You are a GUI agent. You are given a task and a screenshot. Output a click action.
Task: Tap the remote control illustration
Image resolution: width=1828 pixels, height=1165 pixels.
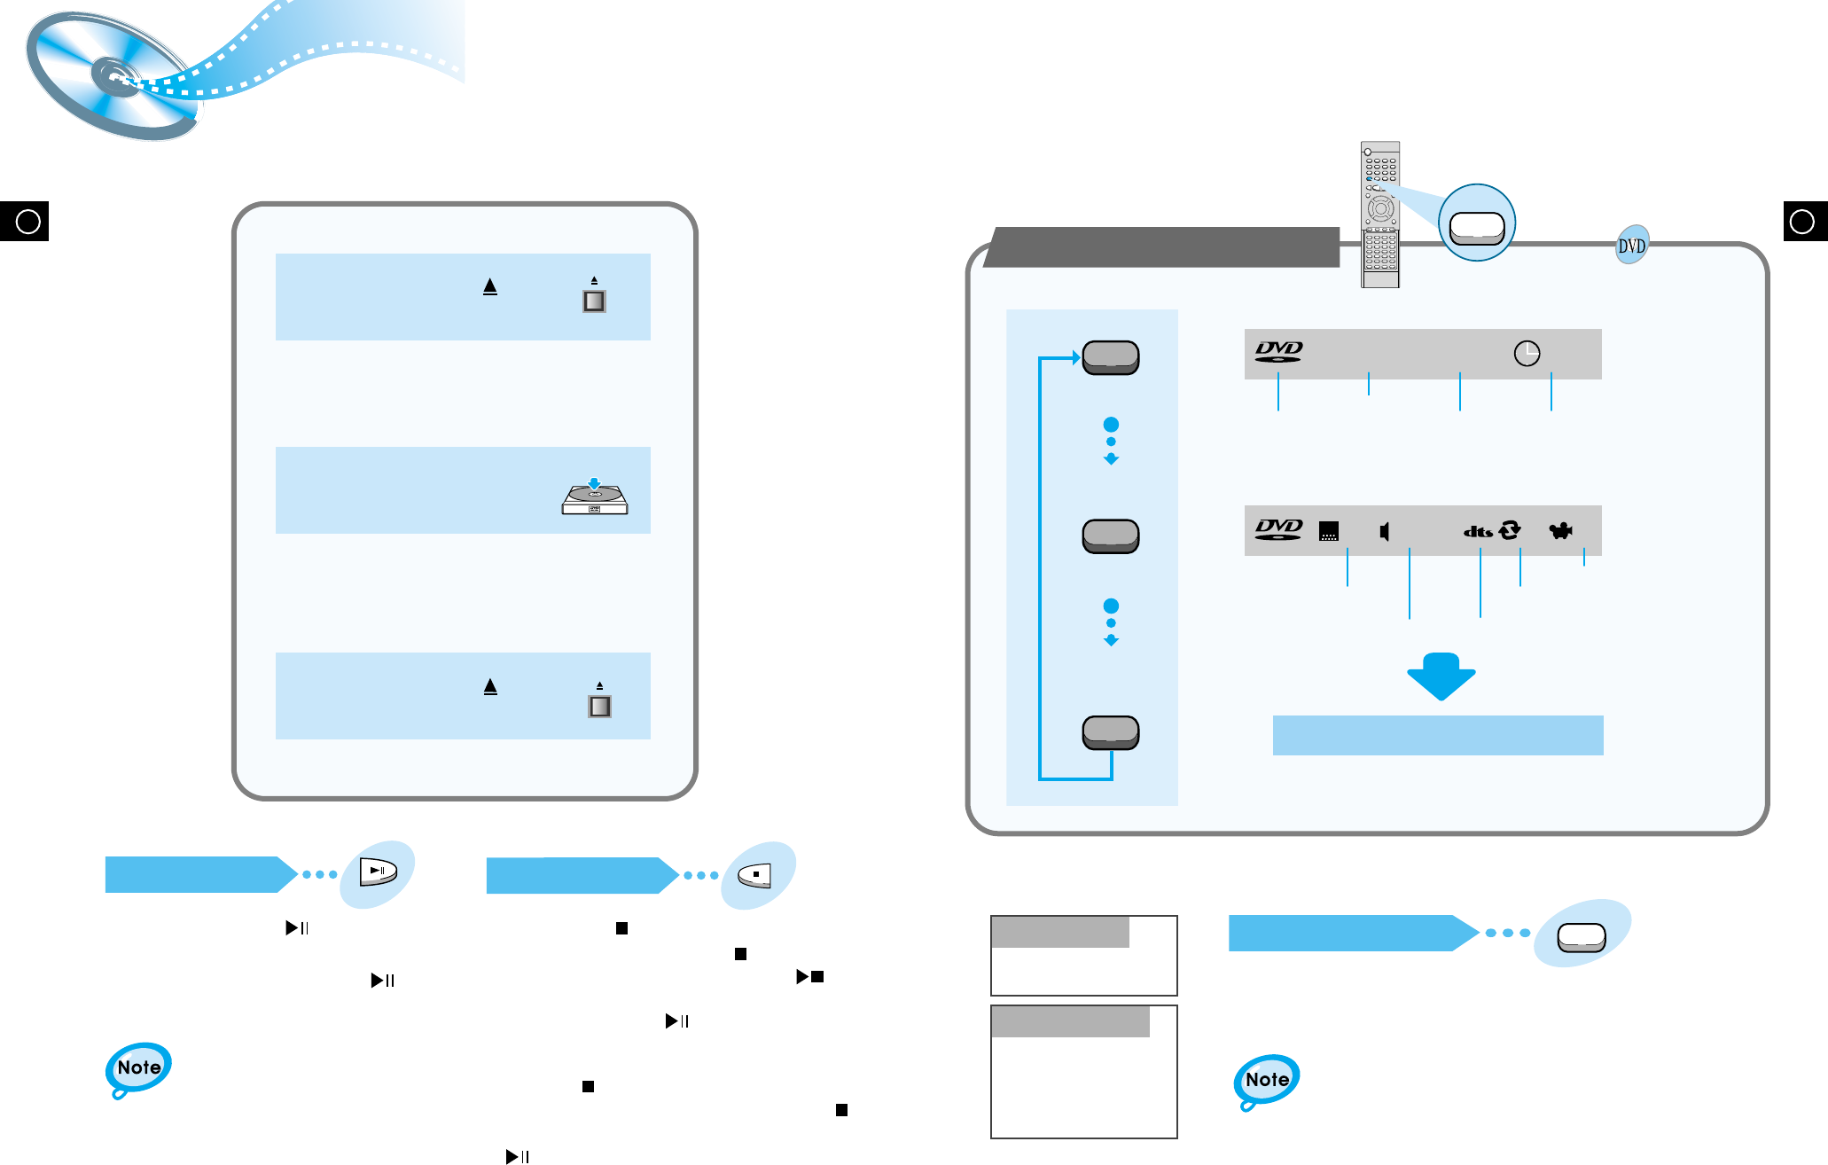1379,215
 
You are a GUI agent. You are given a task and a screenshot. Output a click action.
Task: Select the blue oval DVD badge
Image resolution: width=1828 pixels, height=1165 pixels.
1632,246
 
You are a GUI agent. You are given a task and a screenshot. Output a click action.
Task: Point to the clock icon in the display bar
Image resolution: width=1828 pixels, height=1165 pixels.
1527,354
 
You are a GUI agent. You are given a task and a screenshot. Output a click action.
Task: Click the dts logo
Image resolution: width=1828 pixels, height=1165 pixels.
1478,532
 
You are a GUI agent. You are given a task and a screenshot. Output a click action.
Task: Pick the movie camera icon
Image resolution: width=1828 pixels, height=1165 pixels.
1560,531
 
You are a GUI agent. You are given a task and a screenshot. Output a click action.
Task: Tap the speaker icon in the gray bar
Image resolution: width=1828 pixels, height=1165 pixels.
1385,531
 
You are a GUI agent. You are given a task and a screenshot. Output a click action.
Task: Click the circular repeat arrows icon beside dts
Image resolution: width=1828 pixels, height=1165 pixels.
1509,530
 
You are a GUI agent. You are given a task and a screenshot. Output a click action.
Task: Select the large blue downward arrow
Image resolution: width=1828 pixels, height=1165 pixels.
1441,676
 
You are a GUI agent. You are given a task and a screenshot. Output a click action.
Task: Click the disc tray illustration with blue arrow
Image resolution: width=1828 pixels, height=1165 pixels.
595,497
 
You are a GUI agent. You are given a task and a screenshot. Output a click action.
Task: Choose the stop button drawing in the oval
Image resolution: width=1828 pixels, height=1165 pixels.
756,875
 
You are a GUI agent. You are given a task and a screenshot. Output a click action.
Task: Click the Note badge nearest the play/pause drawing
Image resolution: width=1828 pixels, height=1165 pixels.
138,1067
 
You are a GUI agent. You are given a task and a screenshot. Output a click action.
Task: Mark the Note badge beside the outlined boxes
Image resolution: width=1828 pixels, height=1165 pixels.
1266,1080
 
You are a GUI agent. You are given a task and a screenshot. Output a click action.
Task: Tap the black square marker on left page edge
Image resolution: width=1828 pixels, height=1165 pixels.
25,221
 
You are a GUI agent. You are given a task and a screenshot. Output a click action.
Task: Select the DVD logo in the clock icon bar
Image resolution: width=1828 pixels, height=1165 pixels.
1278,352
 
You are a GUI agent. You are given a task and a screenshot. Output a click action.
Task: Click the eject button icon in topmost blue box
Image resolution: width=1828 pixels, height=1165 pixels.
594,301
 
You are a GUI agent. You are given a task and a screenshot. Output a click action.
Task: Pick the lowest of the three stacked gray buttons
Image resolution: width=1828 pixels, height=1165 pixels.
1111,732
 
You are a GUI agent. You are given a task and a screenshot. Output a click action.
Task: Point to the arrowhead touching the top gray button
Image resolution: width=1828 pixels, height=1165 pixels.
1076,358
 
